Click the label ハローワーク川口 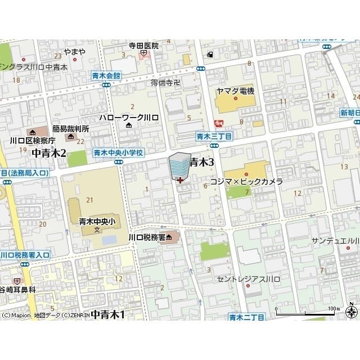point(129,117)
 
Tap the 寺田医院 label point(144,46)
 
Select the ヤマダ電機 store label point(235,91)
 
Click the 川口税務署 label point(147,237)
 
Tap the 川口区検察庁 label point(33,140)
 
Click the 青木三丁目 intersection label point(214,136)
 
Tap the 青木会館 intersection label point(106,75)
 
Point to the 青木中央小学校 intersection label point(119,152)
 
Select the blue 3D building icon point(179,165)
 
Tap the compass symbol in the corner point(352,313)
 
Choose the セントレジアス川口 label point(246,278)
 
